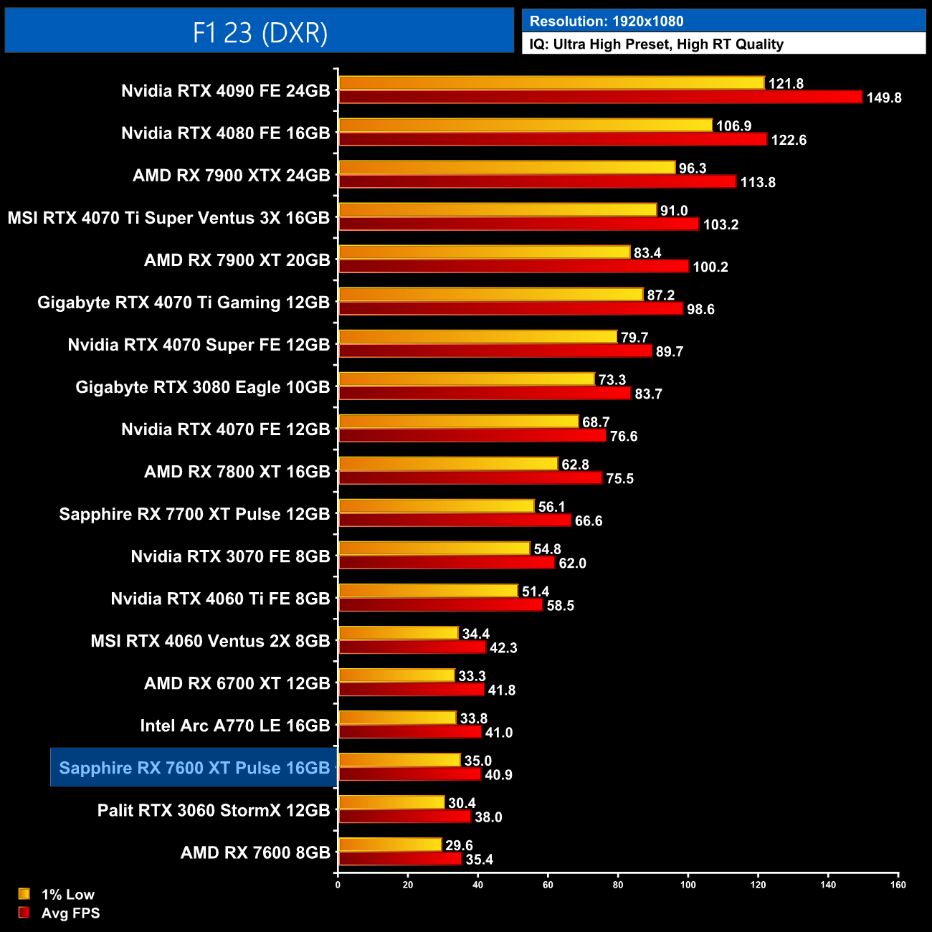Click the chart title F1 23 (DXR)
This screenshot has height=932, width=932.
[x=260, y=32]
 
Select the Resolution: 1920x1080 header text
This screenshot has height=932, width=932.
[x=606, y=22]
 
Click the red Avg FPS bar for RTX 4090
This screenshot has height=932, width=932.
[x=600, y=97]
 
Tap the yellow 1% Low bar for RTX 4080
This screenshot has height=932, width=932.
[x=526, y=125]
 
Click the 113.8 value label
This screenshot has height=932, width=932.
[x=758, y=182]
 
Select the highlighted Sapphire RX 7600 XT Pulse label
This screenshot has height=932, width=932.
[x=194, y=768]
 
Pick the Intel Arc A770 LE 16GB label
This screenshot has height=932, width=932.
[x=235, y=726]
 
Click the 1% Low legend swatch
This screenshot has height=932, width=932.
[x=24, y=894]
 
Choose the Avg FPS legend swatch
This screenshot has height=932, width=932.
[x=24, y=913]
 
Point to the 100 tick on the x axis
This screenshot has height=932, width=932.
[x=688, y=885]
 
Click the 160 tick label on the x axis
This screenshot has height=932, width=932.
[x=898, y=885]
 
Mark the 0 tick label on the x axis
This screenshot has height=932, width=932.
[x=338, y=885]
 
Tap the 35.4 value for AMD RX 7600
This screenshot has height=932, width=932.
[x=480, y=860]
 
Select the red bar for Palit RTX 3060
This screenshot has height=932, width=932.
[x=404, y=817]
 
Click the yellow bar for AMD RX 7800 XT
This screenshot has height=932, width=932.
[x=448, y=464]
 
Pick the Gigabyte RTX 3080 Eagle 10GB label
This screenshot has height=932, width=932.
[x=203, y=387]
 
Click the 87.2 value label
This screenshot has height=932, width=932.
[x=660, y=295]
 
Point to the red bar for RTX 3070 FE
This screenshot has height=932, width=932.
[x=447, y=563]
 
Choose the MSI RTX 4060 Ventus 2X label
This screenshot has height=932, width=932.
[x=210, y=641]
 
